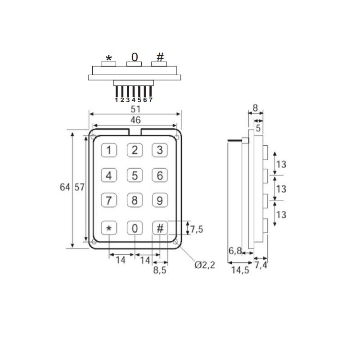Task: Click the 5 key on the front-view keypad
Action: [135, 175]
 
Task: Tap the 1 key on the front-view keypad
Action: [108, 150]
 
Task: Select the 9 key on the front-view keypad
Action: [160, 201]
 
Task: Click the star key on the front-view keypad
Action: [108, 228]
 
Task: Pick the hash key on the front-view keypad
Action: [160, 228]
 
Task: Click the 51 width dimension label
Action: [135, 109]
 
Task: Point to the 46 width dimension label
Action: [135, 120]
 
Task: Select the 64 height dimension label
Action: [65, 187]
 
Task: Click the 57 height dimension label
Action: [79, 187]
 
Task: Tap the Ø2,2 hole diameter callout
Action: [205, 265]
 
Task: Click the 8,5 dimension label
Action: [160, 270]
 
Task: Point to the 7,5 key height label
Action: [197, 229]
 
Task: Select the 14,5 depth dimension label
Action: [240, 270]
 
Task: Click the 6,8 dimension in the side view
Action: [235, 251]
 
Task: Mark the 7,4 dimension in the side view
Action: [261, 265]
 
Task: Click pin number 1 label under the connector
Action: [117, 100]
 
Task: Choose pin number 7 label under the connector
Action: [151, 100]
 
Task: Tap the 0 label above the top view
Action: [135, 57]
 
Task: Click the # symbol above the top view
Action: [160, 57]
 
